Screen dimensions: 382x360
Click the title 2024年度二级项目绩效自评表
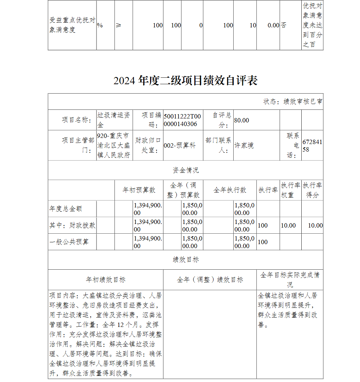[185, 80]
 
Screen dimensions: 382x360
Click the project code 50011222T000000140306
[183, 120]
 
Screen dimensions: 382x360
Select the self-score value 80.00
[242, 120]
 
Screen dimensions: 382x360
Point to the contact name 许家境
[244, 145]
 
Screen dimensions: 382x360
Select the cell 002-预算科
[180, 145]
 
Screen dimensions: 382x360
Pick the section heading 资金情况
[185, 170]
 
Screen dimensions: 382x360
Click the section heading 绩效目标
[185, 260]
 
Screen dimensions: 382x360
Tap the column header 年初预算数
[139, 190]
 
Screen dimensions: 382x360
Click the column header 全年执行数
[230, 190]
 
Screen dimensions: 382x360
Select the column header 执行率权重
[291, 190]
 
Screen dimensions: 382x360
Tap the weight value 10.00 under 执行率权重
[288, 225]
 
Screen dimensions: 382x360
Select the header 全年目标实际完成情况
[290, 279]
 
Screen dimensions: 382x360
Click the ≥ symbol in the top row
[119, 26]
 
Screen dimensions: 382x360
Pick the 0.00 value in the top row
[273, 26]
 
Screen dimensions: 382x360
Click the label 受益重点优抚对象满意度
[72, 25]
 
